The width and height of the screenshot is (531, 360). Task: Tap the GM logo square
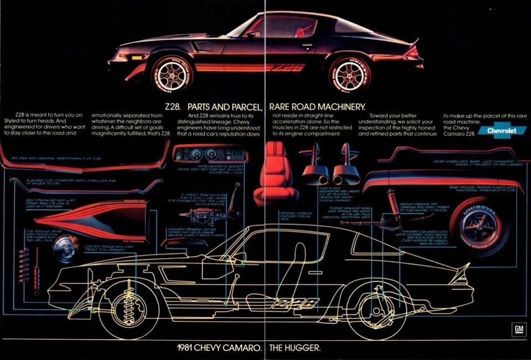pos(518,329)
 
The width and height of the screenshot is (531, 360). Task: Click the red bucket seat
pos(275,172)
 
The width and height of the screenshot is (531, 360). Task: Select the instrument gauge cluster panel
pos(210,154)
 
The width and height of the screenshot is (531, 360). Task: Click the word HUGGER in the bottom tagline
pos(304,348)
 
